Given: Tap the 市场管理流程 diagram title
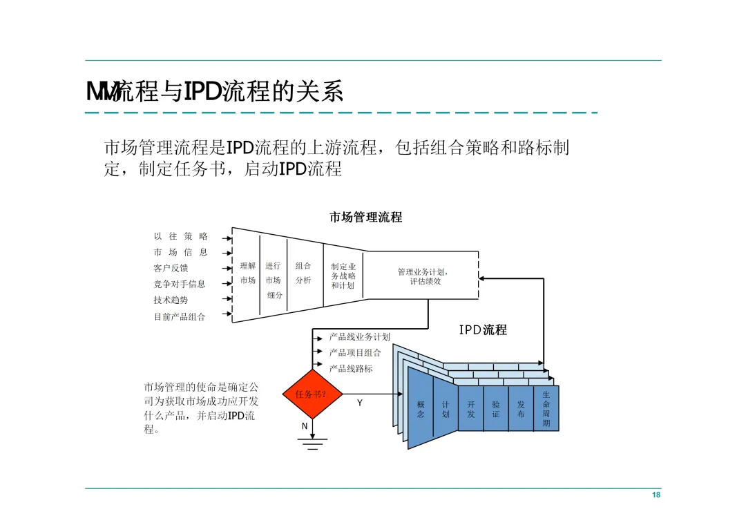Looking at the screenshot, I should tap(365, 217).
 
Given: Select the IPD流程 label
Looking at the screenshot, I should tap(483, 330).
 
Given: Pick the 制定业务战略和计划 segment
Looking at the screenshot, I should tap(343, 276).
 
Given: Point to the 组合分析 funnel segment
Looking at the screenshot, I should tap(303, 273).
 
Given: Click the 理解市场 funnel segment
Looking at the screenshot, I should tap(247, 273).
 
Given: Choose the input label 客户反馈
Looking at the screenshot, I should tap(171, 268).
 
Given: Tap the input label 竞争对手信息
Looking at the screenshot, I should tap(180, 284).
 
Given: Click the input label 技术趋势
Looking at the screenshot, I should tap(171, 300).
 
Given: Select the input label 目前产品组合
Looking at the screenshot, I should tap(180, 317).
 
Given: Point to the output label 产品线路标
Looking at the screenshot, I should tap(351, 369).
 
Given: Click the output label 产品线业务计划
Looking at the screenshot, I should tap(359, 337).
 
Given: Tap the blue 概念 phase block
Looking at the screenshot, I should tap(421, 410).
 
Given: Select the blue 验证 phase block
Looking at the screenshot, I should tap(496, 410).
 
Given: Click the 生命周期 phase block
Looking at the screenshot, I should tap(546, 409).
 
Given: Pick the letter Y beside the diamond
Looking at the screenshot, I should tap(359, 403).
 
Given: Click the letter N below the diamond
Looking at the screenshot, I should tap(305, 426).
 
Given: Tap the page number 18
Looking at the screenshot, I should tap(656, 496).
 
